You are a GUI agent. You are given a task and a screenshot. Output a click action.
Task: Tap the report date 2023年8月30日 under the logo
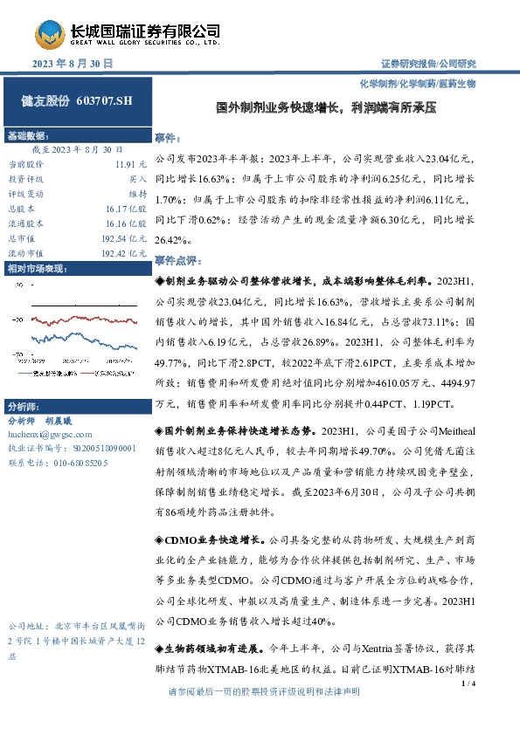73,64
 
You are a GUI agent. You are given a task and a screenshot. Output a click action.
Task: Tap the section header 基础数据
28,135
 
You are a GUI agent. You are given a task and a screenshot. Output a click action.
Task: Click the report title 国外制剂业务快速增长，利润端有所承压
326,110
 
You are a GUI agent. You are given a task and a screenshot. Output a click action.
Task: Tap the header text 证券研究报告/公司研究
428,64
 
